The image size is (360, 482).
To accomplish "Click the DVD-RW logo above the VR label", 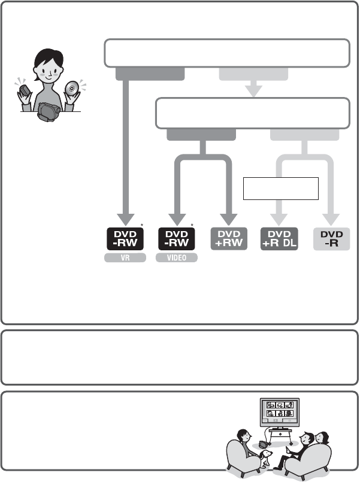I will [x=125, y=240].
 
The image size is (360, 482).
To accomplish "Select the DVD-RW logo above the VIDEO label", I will [x=178, y=240].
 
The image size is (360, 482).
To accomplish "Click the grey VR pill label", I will [x=125, y=258].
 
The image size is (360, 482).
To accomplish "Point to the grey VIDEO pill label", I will [x=178, y=258].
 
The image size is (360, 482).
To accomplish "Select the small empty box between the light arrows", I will [x=279, y=189].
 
